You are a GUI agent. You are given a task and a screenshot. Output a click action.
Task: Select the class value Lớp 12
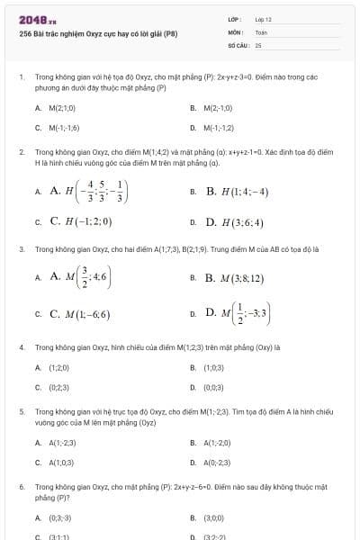263,18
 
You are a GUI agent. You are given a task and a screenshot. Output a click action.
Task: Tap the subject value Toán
261,31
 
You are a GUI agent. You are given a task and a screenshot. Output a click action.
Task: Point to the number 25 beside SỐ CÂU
258,44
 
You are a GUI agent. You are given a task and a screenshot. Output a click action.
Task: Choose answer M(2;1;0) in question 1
63,108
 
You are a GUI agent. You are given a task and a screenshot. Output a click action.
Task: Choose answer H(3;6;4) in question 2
235,221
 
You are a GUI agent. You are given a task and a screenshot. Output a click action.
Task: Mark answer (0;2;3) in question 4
58,387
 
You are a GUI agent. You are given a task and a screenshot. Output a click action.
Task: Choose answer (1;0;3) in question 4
214,367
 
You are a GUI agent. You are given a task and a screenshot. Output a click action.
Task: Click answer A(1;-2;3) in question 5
63,443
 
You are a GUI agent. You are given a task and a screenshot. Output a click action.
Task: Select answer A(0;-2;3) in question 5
218,463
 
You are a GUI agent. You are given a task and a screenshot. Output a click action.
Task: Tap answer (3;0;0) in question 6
214,518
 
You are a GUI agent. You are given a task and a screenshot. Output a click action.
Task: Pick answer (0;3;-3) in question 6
60,518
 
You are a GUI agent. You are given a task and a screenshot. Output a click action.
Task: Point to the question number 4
22,346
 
